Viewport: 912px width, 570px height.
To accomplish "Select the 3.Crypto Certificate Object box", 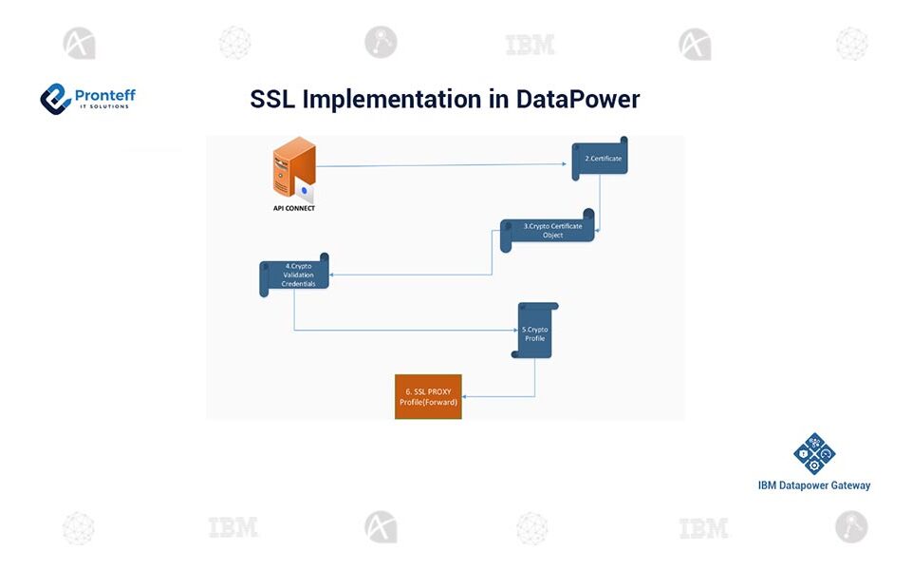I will (x=548, y=231).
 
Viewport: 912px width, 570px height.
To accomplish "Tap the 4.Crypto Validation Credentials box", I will (x=294, y=275).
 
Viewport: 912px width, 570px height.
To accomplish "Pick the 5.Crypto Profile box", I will (x=534, y=331).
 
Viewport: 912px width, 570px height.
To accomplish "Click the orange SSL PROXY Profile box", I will (x=428, y=396).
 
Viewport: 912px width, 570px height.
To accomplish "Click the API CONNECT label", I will (x=293, y=207).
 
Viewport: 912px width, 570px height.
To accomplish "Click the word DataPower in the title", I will (x=578, y=99).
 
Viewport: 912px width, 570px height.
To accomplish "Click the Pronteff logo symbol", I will (x=56, y=98).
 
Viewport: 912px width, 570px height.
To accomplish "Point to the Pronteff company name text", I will (x=104, y=93).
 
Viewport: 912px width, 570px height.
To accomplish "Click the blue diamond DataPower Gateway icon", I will (x=813, y=454).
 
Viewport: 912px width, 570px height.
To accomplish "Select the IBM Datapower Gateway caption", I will (x=813, y=485).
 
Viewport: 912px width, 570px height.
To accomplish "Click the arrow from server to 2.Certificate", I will (x=441, y=165).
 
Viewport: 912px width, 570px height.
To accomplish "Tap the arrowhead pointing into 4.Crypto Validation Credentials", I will (x=332, y=275).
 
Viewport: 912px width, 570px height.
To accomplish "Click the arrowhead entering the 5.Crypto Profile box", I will (x=515, y=330).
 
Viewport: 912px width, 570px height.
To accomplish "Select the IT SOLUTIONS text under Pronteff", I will (x=104, y=106).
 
